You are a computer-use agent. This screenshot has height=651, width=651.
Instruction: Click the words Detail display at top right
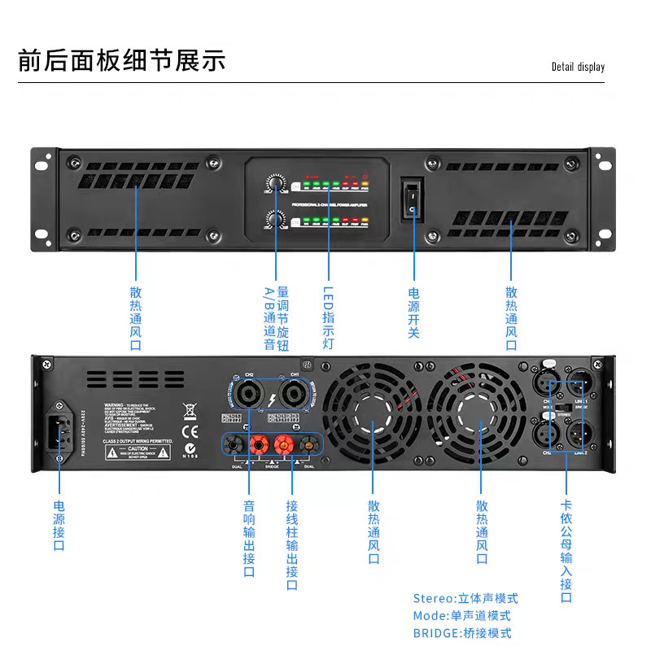578,67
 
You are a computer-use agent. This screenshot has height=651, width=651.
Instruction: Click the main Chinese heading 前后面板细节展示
121,61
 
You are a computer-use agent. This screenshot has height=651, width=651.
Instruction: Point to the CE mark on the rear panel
190,431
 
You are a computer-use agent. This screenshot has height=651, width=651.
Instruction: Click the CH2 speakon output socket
247,396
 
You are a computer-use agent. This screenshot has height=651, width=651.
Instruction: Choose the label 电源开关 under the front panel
413,313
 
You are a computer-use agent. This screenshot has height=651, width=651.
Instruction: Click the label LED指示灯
329,317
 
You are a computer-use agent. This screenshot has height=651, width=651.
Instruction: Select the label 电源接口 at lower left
59,526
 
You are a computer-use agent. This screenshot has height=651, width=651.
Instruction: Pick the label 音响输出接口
249,539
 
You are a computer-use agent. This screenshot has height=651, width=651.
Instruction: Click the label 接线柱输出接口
291,545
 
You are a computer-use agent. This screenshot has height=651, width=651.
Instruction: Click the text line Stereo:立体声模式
465,599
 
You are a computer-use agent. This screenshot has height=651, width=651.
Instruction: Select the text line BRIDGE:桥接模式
462,633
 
